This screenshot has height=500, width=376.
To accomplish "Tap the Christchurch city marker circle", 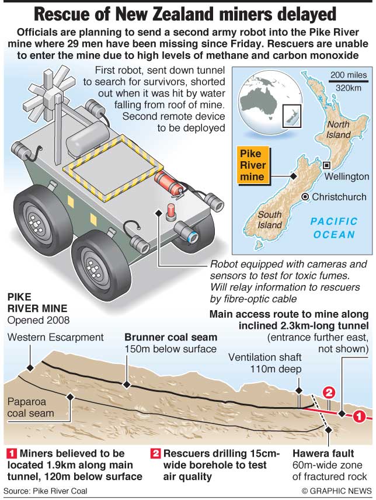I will click(x=305, y=197).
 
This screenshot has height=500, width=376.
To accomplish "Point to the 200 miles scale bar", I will click(x=348, y=82).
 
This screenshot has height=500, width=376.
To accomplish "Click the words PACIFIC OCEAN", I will click(x=333, y=228).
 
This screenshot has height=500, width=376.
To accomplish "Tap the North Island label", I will click(x=339, y=129).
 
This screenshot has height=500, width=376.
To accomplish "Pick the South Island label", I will click(x=270, y=220).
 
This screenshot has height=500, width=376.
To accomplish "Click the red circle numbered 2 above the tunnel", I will click(x=329, y=393).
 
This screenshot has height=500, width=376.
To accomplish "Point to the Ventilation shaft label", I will click(x=264, y=357).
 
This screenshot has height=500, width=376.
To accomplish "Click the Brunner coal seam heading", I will click(x=171, y=338).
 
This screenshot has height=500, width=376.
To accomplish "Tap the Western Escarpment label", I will click(x=55, y=337).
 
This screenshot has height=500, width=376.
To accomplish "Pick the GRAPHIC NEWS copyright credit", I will click(x=336, y=491).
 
